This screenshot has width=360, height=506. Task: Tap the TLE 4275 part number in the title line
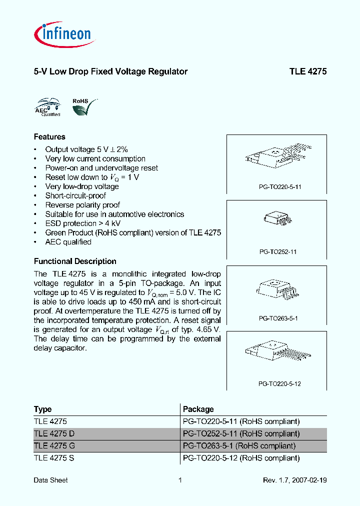[x=307, y=71]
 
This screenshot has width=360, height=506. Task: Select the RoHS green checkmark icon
[x=82, y=106]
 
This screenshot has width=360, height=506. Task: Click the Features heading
[x=49, y=136]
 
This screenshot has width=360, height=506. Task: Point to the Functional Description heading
[x=75, y=261]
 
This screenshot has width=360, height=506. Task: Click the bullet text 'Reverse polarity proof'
[x=82, y=205]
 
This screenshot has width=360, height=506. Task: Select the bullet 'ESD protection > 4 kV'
[x=82, y=223]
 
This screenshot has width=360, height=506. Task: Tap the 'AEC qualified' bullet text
[x=68, y=242]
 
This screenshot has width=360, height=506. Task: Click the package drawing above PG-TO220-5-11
[x=277, y=156]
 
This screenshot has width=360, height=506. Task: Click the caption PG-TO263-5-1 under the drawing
[x=278, y=318]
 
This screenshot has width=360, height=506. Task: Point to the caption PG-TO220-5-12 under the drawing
[x=279, y=384]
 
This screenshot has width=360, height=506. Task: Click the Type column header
[x=43, y=409]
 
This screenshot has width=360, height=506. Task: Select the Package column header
[x=198, y=409]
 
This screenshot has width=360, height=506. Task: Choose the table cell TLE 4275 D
[x=55, y=433]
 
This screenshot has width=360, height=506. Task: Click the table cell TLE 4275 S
[x=54, y=458]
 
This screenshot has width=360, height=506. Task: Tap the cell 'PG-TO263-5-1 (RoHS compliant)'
[x=239, y=445]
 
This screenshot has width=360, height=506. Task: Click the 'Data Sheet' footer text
[x=50, y=480]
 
